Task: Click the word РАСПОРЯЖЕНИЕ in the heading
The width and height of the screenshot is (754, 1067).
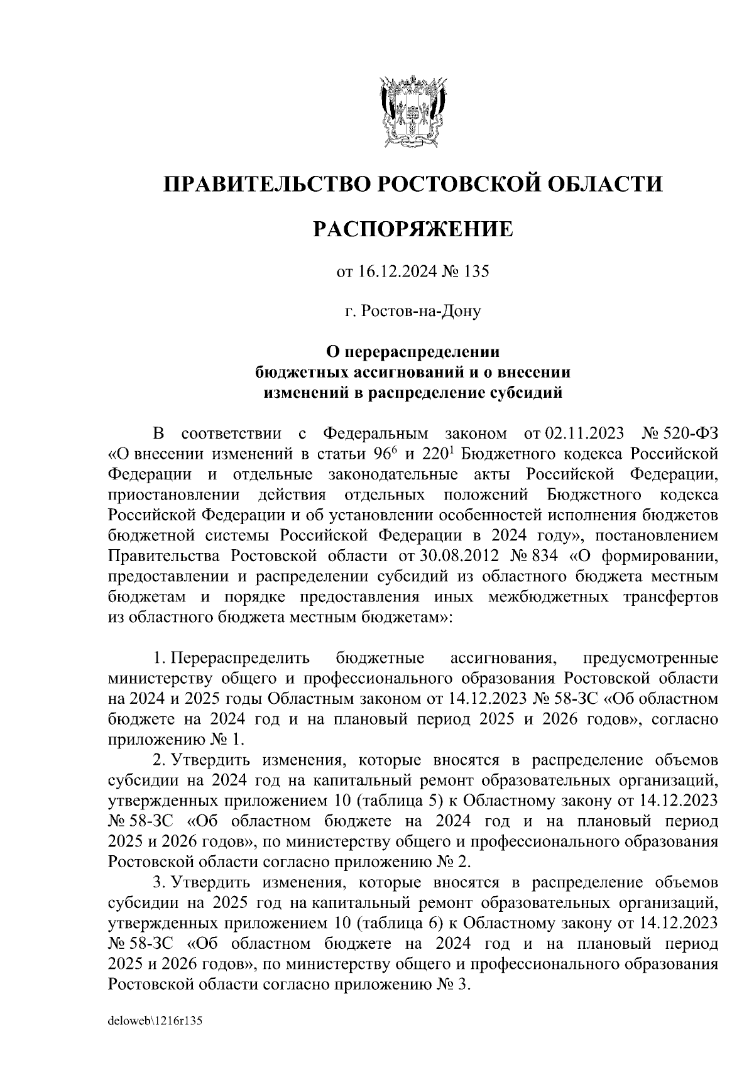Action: pyautogui.click(x=413, y=229)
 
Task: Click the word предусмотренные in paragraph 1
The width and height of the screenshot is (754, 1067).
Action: pyautogui.click(x=650, y=659)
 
